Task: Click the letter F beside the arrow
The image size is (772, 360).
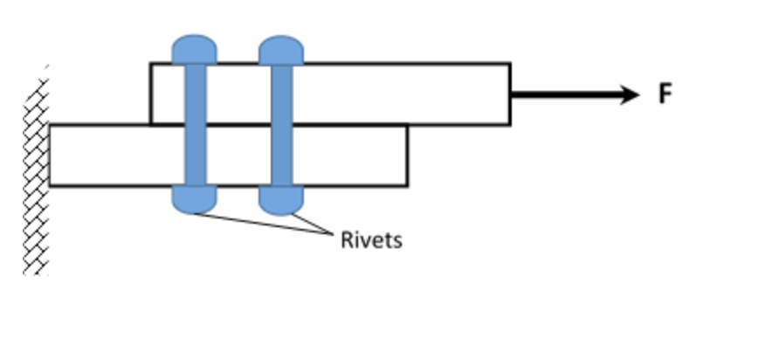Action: click(665, 94)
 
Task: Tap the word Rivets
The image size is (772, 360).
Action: click(371, 239)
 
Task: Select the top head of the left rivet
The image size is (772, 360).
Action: click(194, 50)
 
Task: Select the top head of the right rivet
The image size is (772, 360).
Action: click(281, 50)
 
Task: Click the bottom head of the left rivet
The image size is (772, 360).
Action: click(194, 200)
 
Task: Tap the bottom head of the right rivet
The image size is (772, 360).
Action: click(281, 200)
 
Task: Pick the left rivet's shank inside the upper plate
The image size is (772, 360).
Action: click(195, 93)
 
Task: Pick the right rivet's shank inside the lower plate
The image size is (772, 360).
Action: click(281, 156)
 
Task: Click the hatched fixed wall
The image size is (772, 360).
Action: click(36, 175)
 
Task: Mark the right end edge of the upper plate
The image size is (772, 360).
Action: click(510, 93)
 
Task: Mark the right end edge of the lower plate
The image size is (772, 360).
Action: click(407, 156)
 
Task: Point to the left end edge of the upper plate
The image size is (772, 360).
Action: click(151, 93)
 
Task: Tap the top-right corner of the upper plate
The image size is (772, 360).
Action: click(510, 63)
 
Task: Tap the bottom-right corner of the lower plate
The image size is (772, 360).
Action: click(407, 185)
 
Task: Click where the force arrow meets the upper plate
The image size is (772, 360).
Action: click(512, 94)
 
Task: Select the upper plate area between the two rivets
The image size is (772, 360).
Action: click(238, 93)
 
